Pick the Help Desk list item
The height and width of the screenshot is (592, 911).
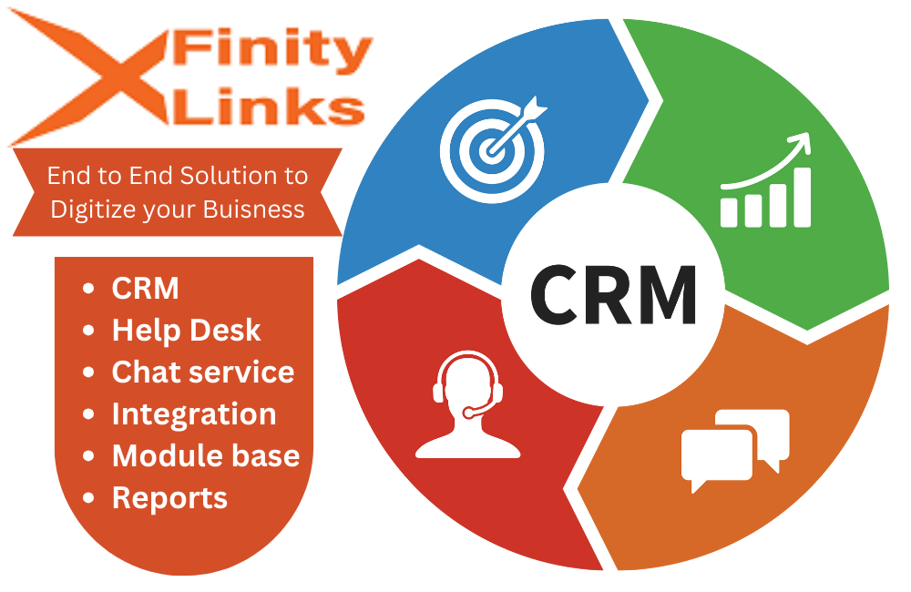[x=186, y=330]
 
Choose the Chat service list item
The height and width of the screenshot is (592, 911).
[x=202, y=372]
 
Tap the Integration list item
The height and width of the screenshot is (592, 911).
[x=193, y=413]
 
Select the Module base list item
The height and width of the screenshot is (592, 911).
[x=205, y=455]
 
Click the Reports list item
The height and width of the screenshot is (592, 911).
[x=169, y=497]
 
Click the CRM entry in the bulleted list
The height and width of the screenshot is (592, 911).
[x=145, y=288]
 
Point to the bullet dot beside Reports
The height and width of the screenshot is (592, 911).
[x=88, y=498]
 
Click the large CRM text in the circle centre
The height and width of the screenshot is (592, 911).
[x=613, y=293]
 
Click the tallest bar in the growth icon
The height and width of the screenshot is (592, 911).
[x=801, y=196]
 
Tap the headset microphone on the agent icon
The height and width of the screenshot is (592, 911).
[x=469, y=413]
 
